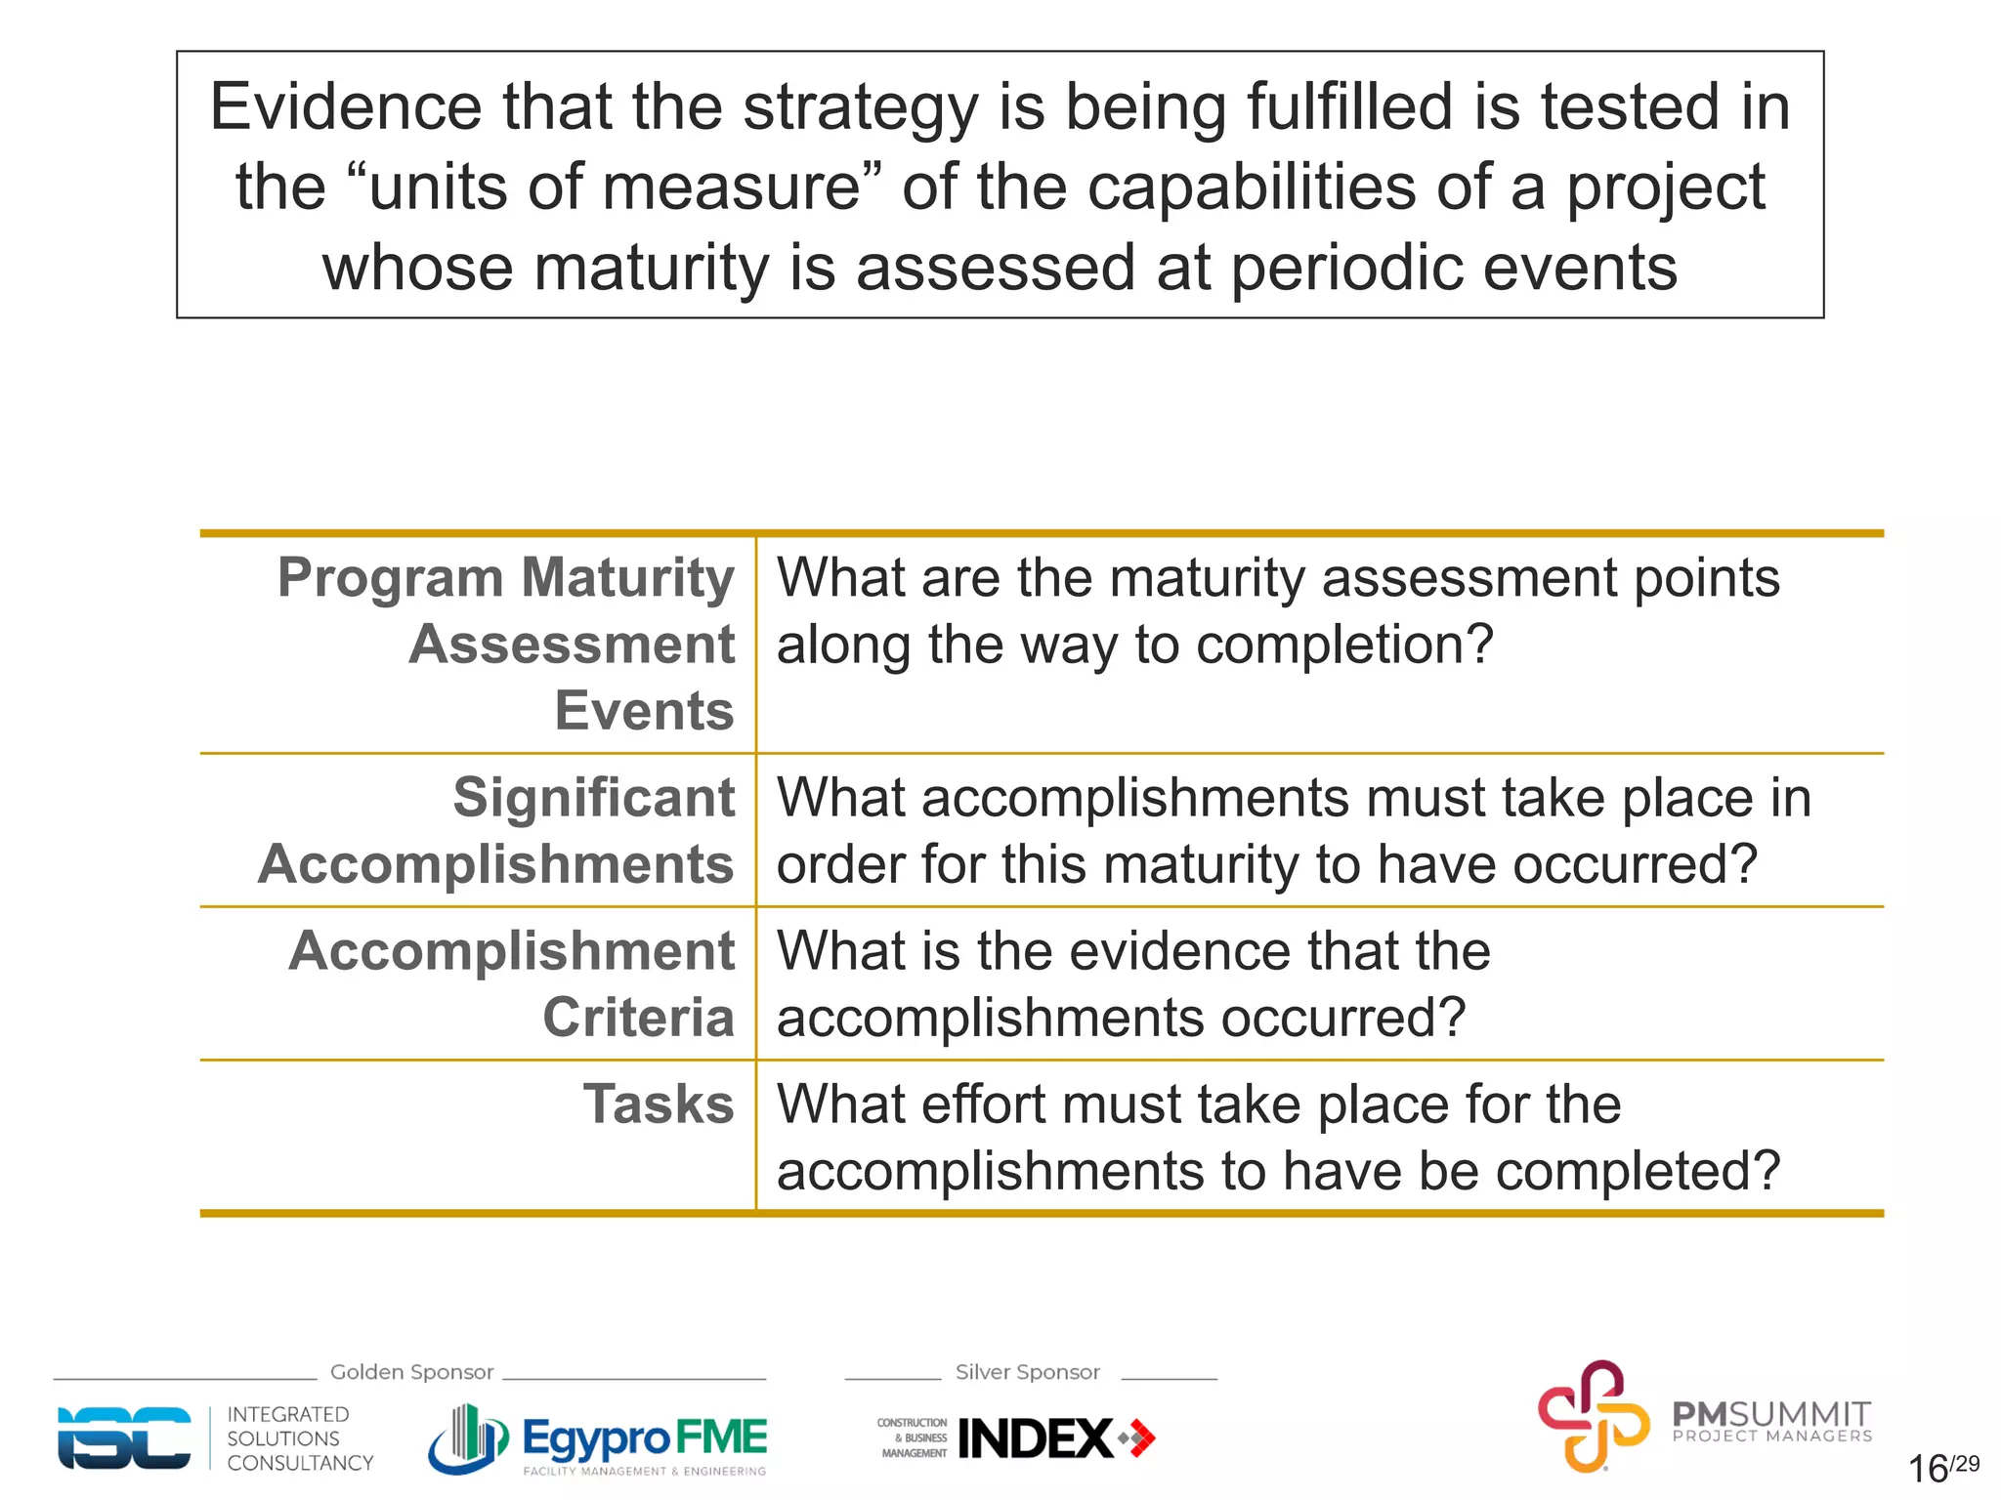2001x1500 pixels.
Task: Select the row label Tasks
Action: coord(658,1104)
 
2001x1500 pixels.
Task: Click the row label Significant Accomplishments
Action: coord(496,831)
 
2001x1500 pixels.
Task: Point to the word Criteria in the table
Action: coord(638,1018)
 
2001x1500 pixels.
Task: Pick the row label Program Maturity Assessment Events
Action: coord(506,644)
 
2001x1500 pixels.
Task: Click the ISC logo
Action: coord(124,1437)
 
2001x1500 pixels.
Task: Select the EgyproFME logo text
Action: coord(645,1437)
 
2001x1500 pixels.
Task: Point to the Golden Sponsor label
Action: coord(411,1372)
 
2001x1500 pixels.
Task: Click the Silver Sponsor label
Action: coord(1027,1372)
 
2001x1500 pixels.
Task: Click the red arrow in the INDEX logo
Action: coord(1139,1438)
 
